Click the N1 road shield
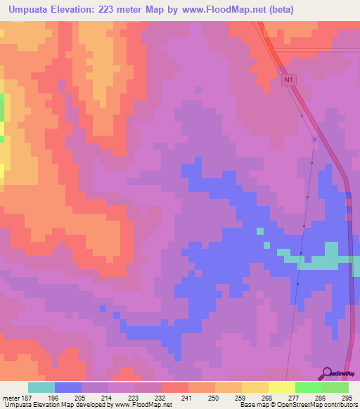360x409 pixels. tap(288, 81)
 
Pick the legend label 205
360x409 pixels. tap(95, 397)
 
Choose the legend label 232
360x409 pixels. tap(162, 397)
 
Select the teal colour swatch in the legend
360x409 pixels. tap(41, 387)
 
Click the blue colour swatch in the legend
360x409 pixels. tap(67, 387)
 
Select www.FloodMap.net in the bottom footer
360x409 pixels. tap(143, 405)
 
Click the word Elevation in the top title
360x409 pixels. tap(75, 10)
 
